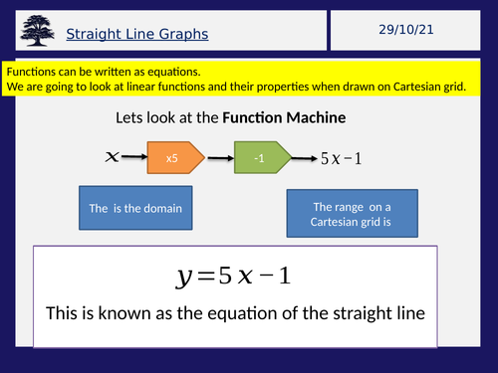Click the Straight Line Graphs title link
pyautogui.click(x=136, y=35)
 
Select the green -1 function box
pyautogui.click(x=262, y=157)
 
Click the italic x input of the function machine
pyautogui.click(x=113, y=157)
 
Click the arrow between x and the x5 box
pyautogui.click(x=136, y=157)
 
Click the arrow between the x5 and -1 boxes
pyautogui.click(x=220, y=157)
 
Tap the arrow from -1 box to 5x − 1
pyautogui.click(x=303, y=157)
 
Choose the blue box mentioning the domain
pyautogui.click(x=135, y=209)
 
